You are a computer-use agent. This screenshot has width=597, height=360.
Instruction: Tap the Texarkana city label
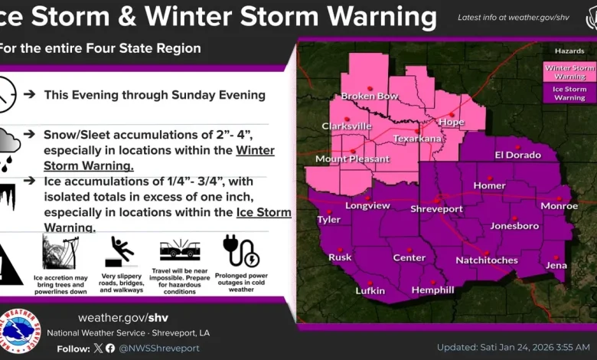click(417, 139)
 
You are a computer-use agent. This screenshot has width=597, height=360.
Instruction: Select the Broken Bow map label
click(369, 96)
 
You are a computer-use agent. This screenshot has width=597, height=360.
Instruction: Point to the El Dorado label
click(517, 155)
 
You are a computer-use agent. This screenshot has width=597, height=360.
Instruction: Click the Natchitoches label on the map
click(487, 260)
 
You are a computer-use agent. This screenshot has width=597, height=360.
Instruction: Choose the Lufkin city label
click(370, 291)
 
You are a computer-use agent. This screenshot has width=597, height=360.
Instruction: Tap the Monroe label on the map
click(559, 206)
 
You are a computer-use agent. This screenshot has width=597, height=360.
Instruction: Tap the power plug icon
click(240, 250)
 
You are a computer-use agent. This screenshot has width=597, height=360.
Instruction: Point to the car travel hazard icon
click(180, 250)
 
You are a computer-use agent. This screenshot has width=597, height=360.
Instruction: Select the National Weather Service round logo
click(18, 332)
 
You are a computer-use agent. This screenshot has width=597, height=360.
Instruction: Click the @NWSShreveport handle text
click(158, 348)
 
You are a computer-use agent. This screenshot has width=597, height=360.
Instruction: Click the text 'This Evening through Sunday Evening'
click(155, 95)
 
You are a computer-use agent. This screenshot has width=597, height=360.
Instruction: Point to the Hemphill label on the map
click(432, 290)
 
